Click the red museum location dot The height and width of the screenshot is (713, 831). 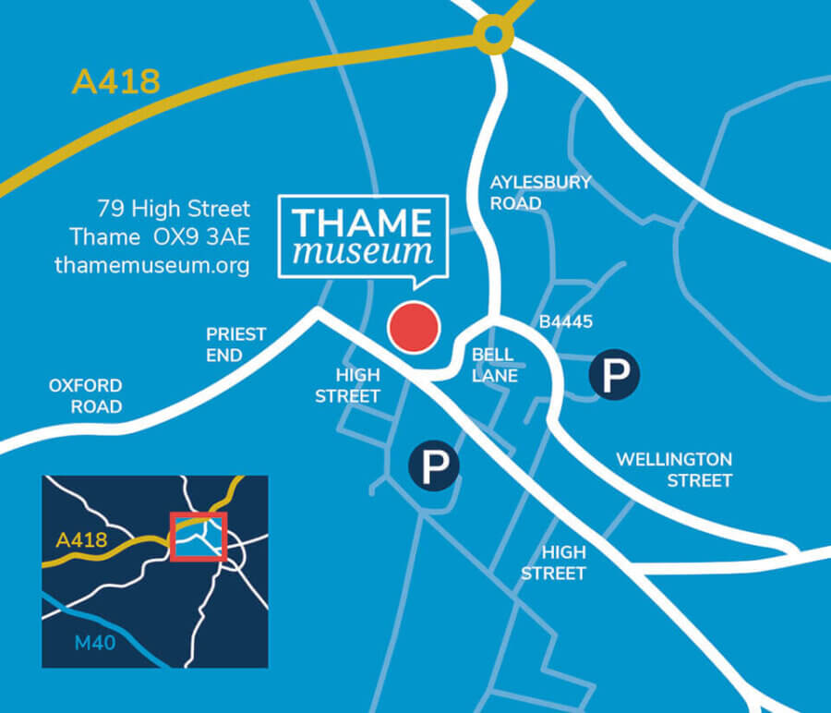[412, 327]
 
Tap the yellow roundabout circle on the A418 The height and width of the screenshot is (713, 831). [494, 35]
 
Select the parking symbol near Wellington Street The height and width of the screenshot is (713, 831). [614, 375]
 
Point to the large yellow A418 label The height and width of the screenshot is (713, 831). [115, 81]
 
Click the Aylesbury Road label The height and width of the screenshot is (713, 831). [540, 192]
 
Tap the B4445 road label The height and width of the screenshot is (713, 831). [566, 322]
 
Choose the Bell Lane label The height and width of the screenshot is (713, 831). [495, 365]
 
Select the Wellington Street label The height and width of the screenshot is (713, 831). [674, 469]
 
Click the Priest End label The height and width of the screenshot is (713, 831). [236, 344]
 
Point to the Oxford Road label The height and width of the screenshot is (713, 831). [85, 395]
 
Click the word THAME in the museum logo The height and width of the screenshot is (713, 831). [362, 223]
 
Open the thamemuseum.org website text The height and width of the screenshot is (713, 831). [152, 265]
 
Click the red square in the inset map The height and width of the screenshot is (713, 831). [199, 536]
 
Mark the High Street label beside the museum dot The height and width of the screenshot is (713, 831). [347, 385]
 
